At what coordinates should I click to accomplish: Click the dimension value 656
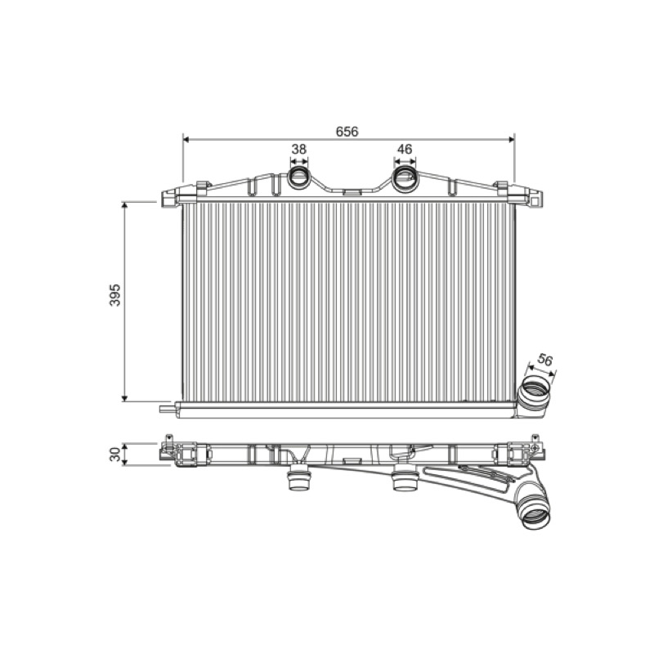[347, 132]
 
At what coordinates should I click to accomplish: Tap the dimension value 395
[114, 295]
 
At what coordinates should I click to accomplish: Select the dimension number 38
[298, 149]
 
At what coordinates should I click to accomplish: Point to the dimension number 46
[405, 149]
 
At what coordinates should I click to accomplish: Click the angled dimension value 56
[544, 359]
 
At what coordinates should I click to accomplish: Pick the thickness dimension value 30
[114, 455]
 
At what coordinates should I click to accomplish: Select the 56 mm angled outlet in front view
[533, 396]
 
